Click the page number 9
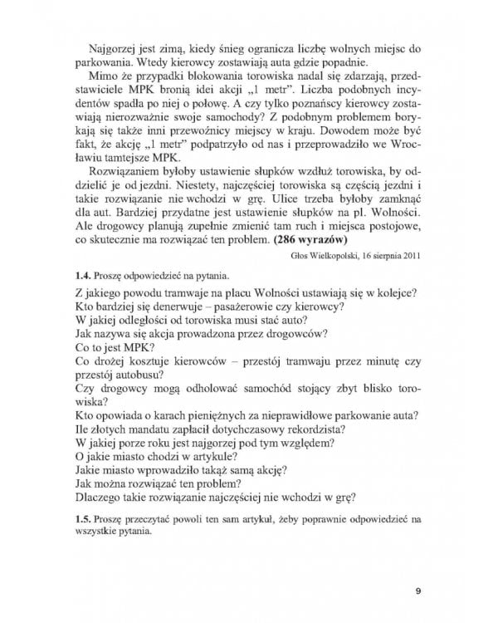click(x=418, y=591)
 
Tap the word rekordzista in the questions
click(x=310, y=432)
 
